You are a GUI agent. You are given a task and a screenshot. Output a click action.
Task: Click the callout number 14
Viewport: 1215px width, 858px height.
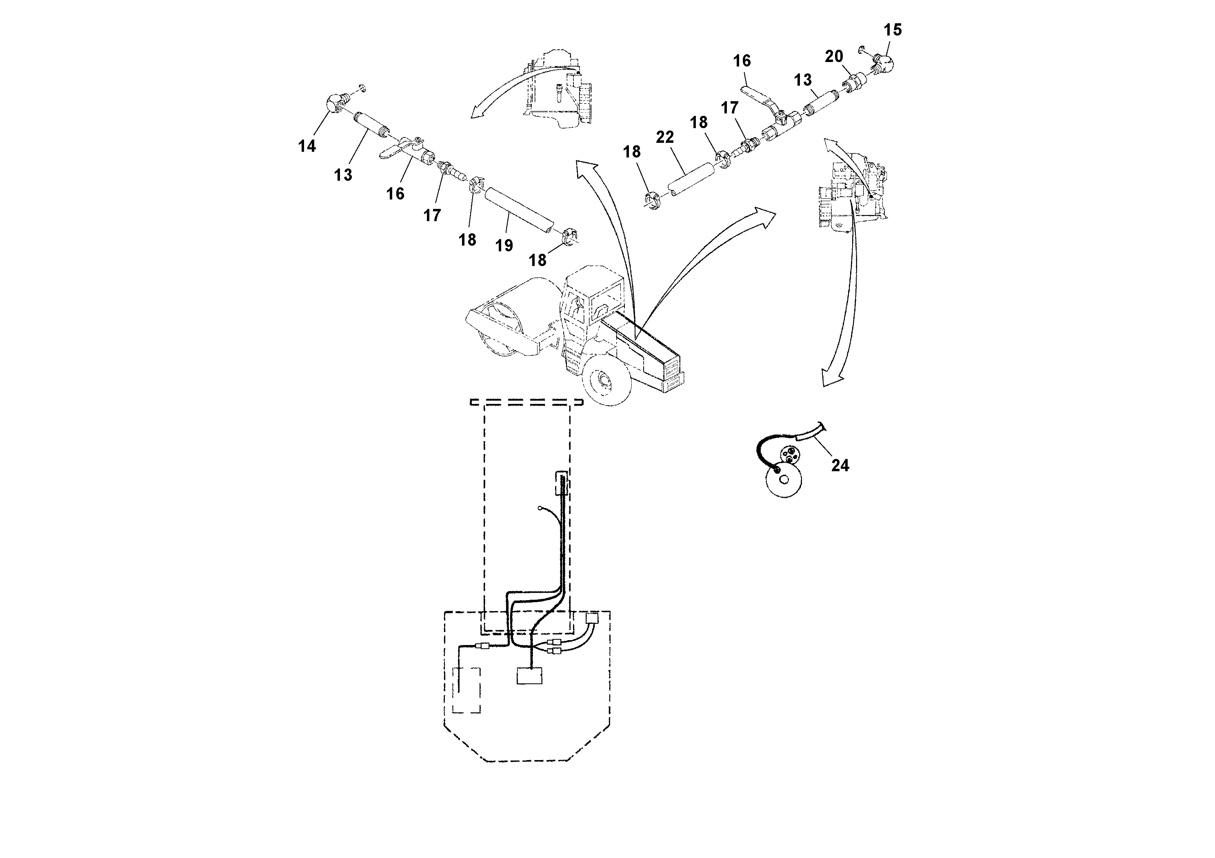click(307, 146)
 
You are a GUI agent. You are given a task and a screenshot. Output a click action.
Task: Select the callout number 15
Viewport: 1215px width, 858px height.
click(892, 30)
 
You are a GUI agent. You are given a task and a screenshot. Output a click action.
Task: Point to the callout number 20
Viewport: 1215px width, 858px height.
click(834, 56)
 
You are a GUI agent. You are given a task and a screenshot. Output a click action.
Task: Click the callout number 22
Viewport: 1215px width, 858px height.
click(665, 137)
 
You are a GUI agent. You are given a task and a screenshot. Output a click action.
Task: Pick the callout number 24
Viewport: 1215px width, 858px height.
click(840, 466)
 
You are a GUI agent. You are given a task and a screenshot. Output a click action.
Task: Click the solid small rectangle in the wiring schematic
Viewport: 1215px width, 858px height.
click(529, 676)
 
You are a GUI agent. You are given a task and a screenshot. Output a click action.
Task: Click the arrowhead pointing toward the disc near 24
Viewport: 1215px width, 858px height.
click(831, 378)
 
